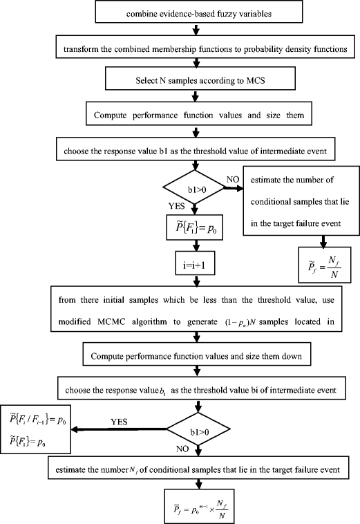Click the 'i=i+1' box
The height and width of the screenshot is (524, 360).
click(x=197, y=263)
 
